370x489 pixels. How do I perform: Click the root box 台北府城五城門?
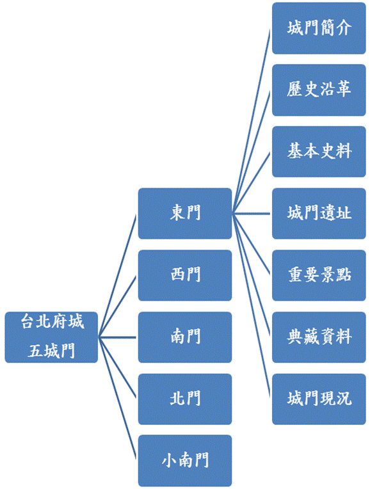click(x=51, y=337)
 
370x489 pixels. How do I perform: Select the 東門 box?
click(x=185, y=214)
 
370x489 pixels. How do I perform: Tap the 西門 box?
click(x=185, y=275)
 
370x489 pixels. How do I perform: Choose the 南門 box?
click(x=185, y=337)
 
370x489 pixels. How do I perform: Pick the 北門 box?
click(x=185, y=399)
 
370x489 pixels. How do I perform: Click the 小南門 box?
click(x=185, y=461)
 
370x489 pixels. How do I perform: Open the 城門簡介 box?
click(x=319, y=28)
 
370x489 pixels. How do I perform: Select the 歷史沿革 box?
click(x=319, y=90)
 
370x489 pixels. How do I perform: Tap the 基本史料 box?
click(x=319, y=152)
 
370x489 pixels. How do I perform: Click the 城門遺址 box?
click(x=319, y=214)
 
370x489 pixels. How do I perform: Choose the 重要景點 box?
click(x=319, y=275)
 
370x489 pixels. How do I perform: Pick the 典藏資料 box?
click(x=319, y=337)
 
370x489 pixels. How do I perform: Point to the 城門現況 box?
click(x=319, y=399)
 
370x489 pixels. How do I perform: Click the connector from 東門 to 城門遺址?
click(x=251, y=214)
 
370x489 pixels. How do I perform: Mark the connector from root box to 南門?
click(x=117, y=337)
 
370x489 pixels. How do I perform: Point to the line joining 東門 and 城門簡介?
click(x=251, y=121)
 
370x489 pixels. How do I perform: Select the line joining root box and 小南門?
click(x=117, y=398)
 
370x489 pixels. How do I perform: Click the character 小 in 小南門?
click(x=169, y=460)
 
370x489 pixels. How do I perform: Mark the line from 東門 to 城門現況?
click(x=251, y=306)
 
